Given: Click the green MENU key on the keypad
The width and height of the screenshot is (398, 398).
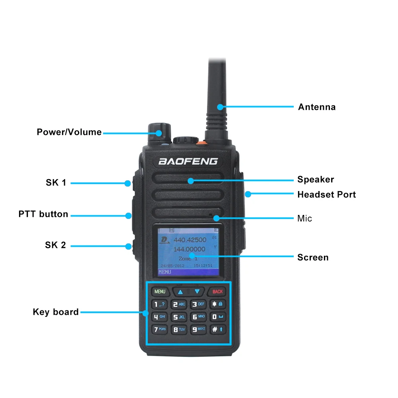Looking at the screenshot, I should point(160,291).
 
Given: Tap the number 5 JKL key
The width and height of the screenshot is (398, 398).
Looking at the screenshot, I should point(179,317).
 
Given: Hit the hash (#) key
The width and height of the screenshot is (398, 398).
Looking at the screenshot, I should point(217,329).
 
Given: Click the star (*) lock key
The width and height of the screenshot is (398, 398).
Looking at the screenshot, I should point(217,304).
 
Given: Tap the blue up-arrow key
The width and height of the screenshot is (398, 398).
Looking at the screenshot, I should point(180,292).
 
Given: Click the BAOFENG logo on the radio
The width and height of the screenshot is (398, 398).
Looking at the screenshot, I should point(188,161).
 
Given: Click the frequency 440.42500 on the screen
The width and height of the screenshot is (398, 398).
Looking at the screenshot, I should point(190,240).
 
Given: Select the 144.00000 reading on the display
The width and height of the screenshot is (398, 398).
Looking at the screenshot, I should point(189,249).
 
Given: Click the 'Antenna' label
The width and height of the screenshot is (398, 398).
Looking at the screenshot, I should point(317,107).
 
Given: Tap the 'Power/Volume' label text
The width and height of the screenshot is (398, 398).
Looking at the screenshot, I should point(69,132).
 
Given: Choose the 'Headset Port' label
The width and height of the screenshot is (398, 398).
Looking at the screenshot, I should point(326,195).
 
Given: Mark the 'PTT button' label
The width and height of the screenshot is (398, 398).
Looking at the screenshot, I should point(43,214).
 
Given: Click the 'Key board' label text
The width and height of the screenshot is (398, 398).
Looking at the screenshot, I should point(56,312).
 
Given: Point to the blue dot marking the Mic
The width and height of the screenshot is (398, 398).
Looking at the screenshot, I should point(216,218).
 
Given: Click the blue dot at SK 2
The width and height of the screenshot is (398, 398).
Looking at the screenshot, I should point(128,246).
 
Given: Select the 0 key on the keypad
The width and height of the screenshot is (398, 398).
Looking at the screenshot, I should point(217,317).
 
